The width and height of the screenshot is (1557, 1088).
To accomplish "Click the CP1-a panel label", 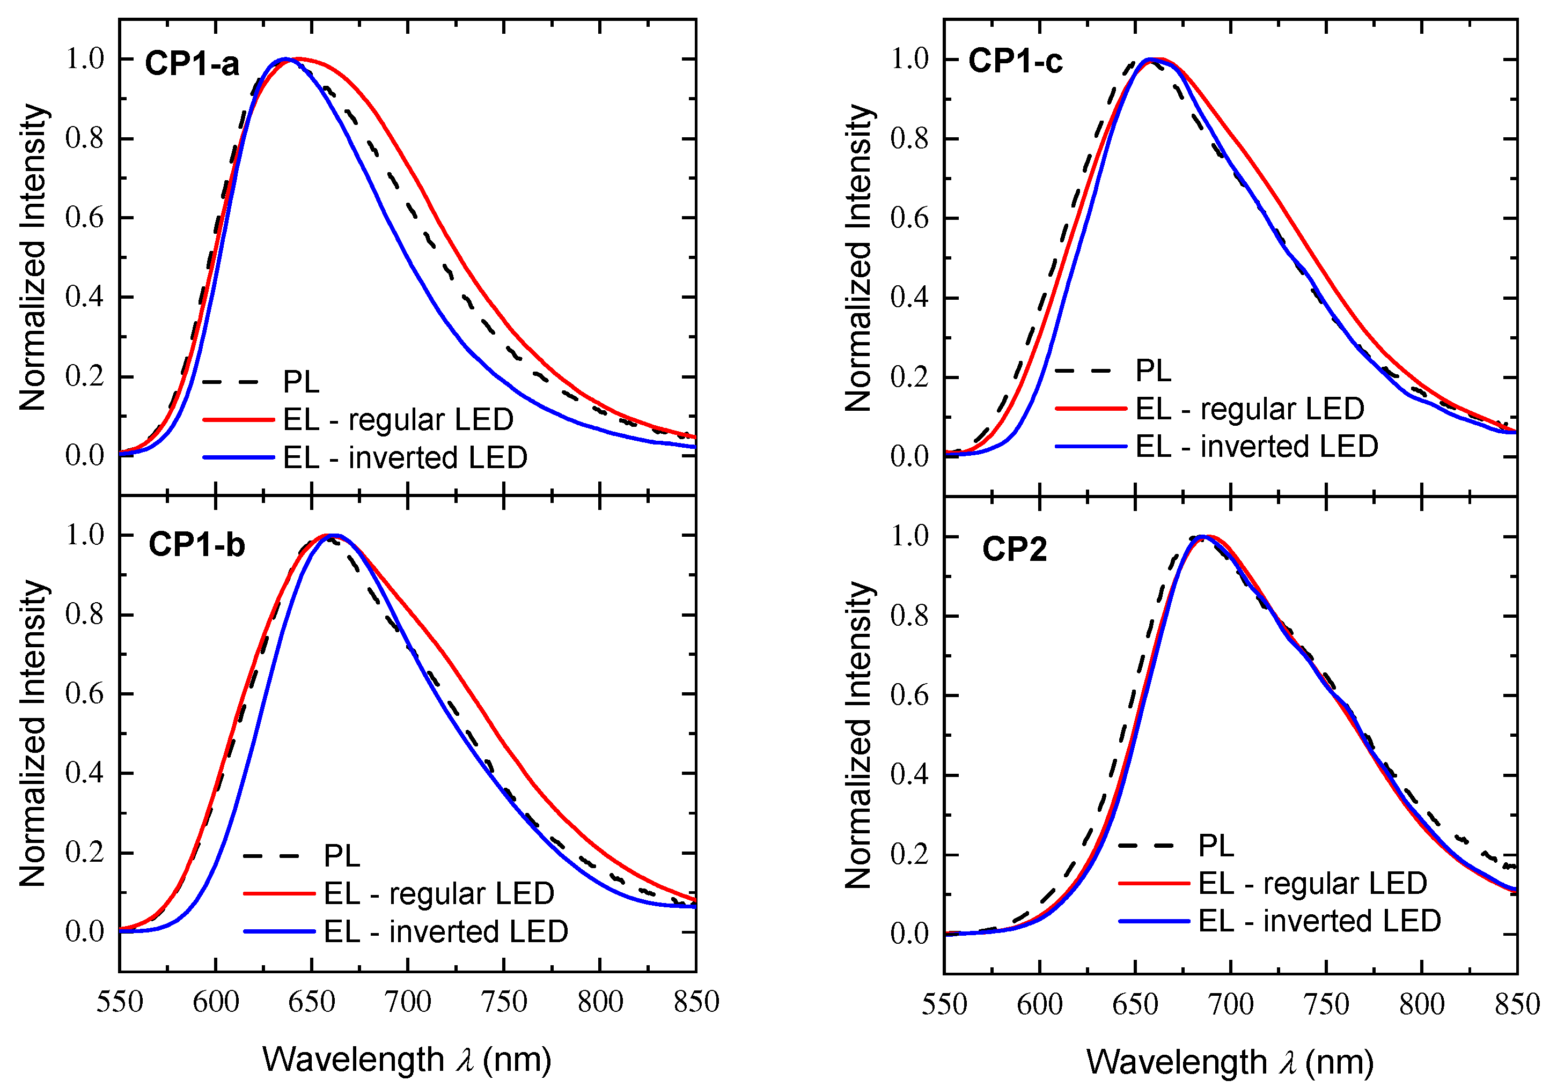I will [x=192, y=64].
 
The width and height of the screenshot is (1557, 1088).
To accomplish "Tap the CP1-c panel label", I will [x=1015, y=61].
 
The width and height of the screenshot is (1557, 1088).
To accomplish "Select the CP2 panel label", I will [x=1015, y=549].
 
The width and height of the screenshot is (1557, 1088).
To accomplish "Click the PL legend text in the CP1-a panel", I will [x=301, y=382].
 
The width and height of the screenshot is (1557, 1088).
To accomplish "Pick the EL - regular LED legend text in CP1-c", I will [x=1250, y=409].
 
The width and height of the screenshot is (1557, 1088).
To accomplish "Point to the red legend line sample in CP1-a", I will [x=239, y=420].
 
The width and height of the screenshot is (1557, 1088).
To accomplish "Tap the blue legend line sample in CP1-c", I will [x=1090, y=447].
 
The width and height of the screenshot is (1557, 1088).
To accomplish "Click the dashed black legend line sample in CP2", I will [x=1154, y=845].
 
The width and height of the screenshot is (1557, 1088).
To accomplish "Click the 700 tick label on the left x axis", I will [x=408, y=1002].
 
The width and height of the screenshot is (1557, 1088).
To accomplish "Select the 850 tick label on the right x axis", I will [x=1517, y=1004].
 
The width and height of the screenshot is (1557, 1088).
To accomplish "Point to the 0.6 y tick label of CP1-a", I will [x=85, y=218].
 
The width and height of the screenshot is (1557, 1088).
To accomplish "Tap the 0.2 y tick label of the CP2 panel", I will [x=909, y=855].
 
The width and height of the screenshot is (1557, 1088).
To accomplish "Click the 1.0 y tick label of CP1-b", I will [x=85, y=535].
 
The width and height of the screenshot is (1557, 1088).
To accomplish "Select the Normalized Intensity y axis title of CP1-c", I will [x=859, y=257].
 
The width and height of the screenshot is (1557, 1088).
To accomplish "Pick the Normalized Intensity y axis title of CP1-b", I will [x=33, y=734].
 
